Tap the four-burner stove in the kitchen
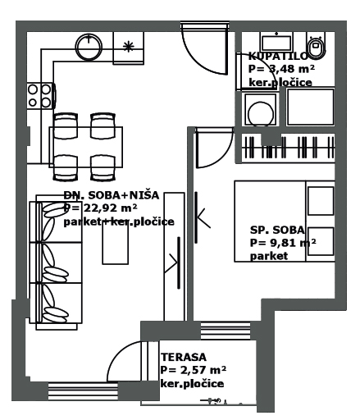pyautogui.click(x=39, y=95)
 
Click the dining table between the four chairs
pyautogui.click(x=86, y=147)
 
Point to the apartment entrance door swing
pyautogui.click(x=200, y=52)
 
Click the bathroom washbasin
pyautogui.click(x=275, y=43)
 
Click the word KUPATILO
pyautogui.click(x=278, y=57)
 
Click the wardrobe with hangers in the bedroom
pyautogui.click(x=287, y=148)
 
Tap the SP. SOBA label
pyautogui.click(x=277, y=231)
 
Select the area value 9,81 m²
pyautogui.click(x=283, y=243)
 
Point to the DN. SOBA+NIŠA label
pyautogui.click(x=111, y=195)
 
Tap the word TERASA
pyautogui.click(x=184, y=357)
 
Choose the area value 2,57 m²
pyautogui.click(x=194, y=370)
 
